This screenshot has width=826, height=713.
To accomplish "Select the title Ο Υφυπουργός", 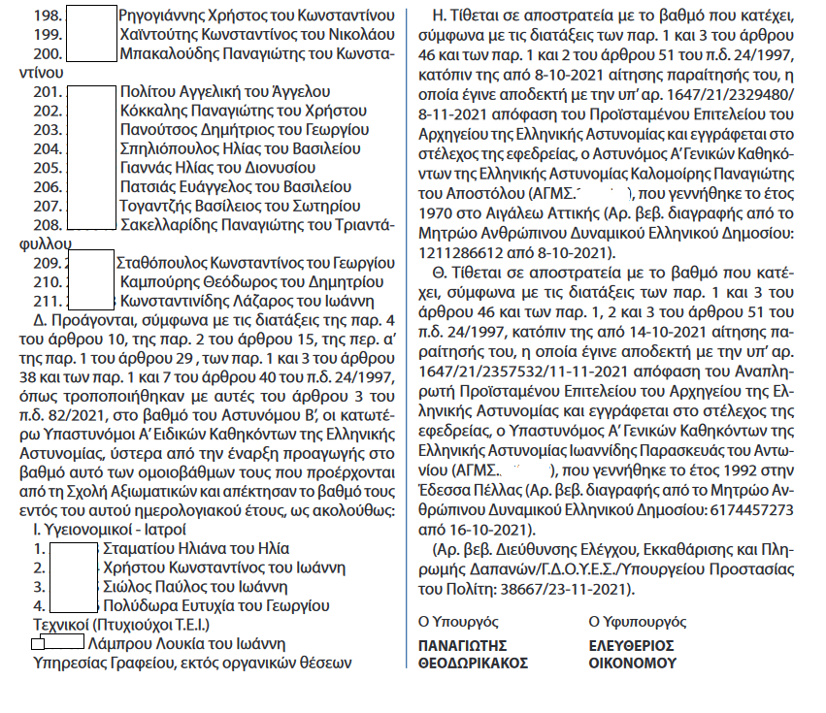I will point(637,621).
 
